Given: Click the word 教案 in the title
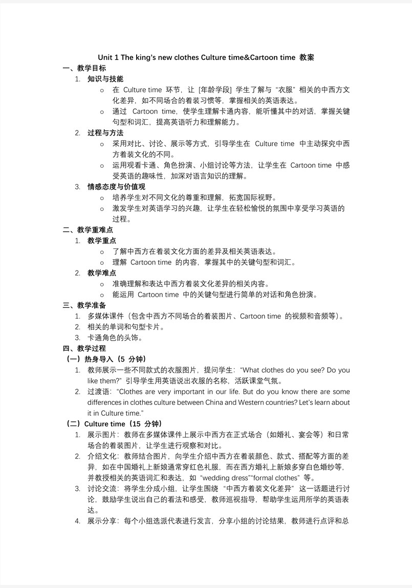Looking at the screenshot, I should point(307,57).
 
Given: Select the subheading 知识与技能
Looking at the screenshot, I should point(105,79).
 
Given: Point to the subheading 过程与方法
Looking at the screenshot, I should point(105,133).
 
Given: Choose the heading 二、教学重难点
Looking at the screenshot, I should point(88,230).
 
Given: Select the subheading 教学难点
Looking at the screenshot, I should point(101,273).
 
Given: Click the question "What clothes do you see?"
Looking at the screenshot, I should point(281,370).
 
